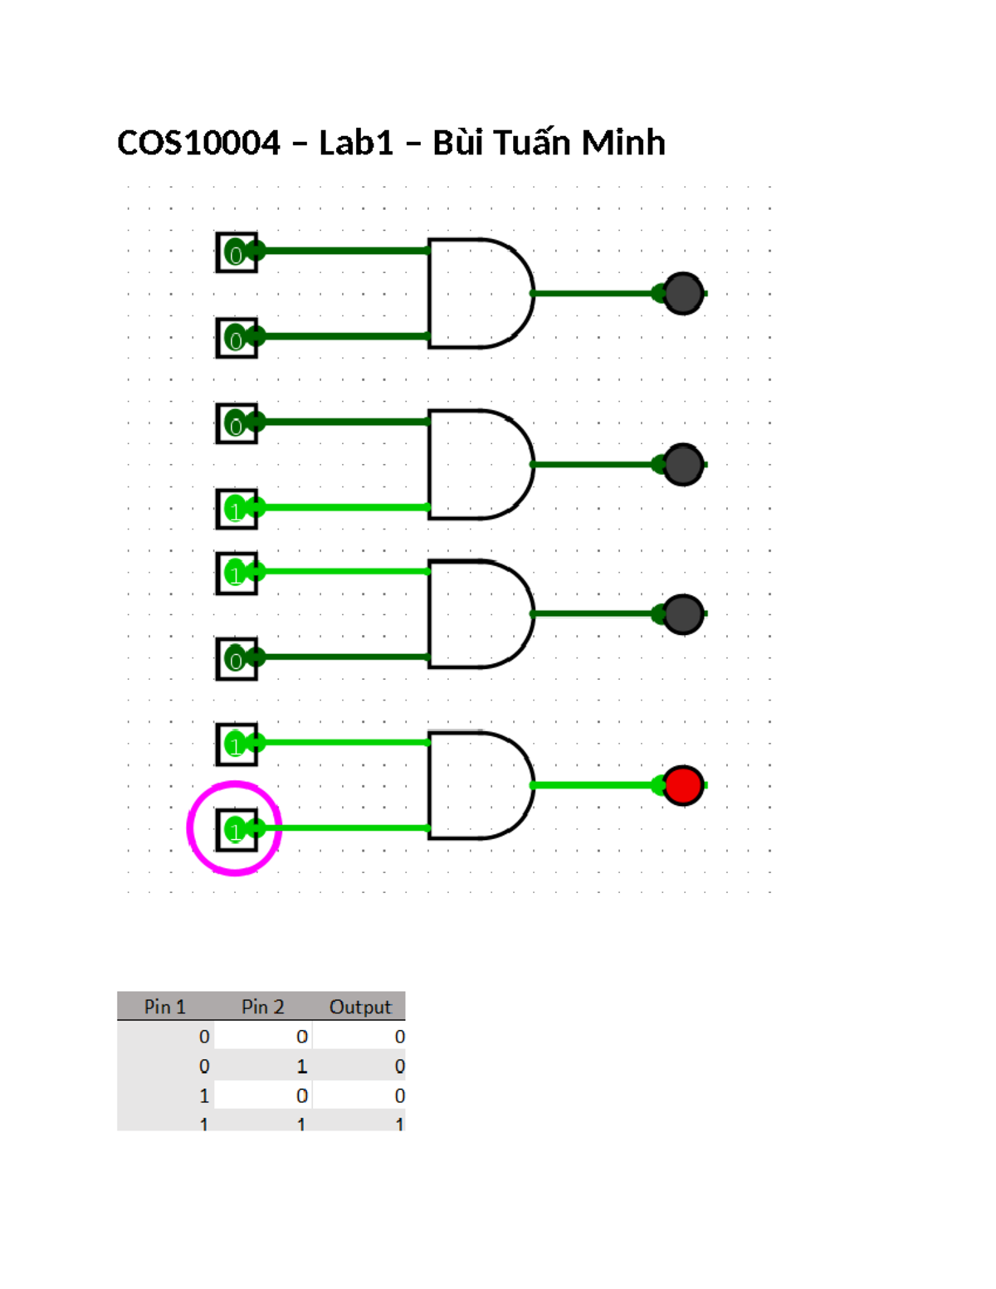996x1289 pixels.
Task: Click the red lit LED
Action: (683, 785)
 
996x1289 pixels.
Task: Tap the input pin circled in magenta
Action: (237, 829)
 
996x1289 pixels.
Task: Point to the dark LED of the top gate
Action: (683, 293)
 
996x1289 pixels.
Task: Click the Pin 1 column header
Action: (165, 1007)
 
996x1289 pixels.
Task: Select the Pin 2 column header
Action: (262, 1007)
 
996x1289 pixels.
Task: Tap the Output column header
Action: (360, 1007)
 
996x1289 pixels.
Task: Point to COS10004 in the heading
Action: (198, 143)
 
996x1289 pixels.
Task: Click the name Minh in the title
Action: (623, 143)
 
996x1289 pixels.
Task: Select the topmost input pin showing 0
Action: (237, 252)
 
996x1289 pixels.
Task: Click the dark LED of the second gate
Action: (683, 464)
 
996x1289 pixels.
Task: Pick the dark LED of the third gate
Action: (683, 614)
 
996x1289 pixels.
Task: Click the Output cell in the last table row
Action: (399, 1124)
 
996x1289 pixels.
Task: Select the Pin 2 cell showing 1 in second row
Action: (301, 1066)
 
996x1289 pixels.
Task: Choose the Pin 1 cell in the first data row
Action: (204, 1037)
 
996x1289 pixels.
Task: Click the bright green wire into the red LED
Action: (593, 785)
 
